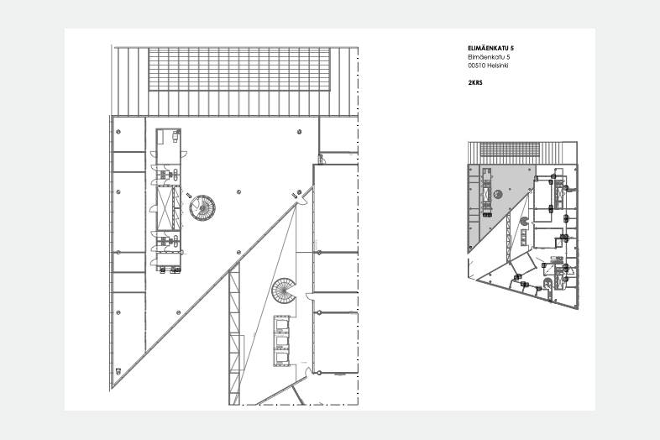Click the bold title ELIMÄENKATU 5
pos(490,48)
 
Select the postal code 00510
pos(475,65)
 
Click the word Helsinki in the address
pos(498,65)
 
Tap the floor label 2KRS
pos(474,82)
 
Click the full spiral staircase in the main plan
pos(202,207)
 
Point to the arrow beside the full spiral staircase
pos(189,196)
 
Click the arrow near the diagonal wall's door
pos(294,195)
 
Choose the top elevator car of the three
pos(281,324)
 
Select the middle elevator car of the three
pos(281,342)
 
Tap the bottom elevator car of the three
pos(281,359)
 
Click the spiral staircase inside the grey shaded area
pos(498,194)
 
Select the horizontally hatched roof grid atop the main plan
pos(239,69)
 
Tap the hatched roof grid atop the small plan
pos(510,149)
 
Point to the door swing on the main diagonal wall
pos(301,201)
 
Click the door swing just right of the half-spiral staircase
pos(309,297)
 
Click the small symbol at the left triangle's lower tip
pos(118,371)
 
